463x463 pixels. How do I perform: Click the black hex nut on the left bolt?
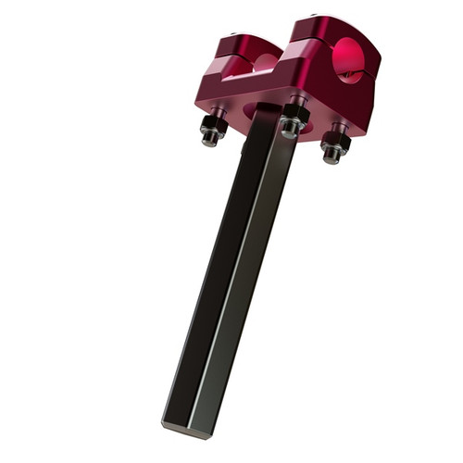(x=214, y=121)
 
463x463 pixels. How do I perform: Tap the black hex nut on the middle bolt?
(x=294, y=116)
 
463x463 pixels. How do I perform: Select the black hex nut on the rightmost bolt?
(x=335, y=142)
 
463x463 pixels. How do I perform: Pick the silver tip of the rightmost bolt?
(x=331, y=157)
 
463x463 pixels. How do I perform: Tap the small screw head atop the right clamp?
(x=317, y=18)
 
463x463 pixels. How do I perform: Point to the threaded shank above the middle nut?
(x=297, y=100)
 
